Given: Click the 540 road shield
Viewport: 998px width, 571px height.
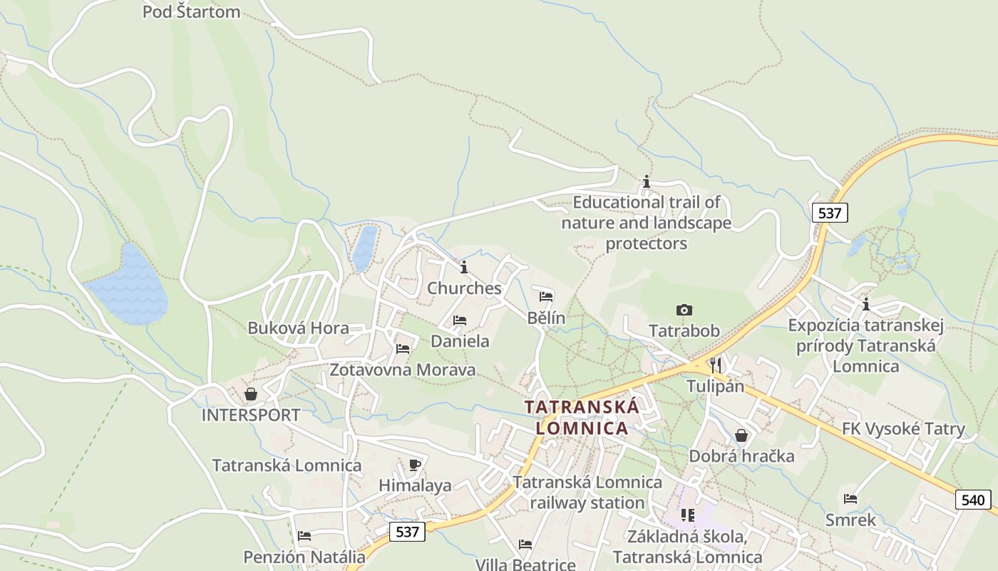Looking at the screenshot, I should (x=973, y=500).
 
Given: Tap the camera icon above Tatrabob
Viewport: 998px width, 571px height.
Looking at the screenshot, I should (x=684, y=310).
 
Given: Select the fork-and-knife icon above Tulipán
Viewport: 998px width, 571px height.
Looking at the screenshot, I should (x=715, y=365).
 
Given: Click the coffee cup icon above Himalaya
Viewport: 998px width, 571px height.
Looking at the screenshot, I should (x=415, y=465).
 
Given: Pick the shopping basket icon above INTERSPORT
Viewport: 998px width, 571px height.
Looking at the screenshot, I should (x=251, y=394).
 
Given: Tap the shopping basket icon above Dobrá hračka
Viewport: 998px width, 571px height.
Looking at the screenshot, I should (x=741, y=435).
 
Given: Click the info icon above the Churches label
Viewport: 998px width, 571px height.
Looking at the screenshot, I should (x=464, y=268).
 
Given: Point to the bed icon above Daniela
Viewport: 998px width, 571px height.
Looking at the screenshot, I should (x=460, y=320).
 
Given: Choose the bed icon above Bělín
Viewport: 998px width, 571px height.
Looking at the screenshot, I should (x=546, y=296).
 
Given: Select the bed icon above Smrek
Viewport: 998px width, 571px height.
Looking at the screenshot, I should (x=850, y=499).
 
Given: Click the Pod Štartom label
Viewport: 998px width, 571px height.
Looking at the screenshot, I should (x=191, y=12).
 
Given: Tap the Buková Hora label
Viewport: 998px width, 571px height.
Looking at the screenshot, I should (x=298, y=328).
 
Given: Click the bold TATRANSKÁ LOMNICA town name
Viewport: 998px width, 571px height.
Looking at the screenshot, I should (x=582, y=418).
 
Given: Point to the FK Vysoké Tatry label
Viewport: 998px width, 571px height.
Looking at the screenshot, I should (x=903, y=429).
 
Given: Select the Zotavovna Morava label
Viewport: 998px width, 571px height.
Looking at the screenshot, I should (x=402, y=370).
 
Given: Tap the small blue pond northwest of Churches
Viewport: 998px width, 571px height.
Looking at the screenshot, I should (x=364, y=248).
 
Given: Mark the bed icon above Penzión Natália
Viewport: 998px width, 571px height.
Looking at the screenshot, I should (x=304, y=535).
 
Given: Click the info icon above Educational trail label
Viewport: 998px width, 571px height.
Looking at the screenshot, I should (x=647, y=182).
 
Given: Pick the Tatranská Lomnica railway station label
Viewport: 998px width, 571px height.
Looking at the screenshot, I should (x=587, y=492).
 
